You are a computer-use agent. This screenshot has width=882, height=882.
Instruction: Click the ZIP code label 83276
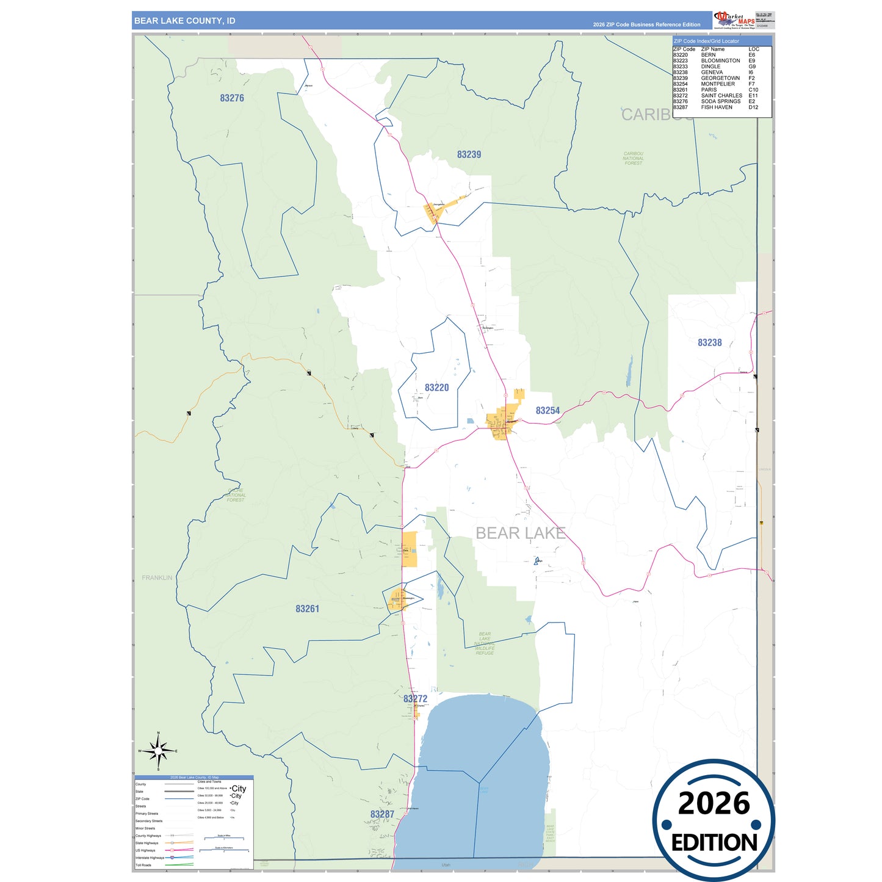232,98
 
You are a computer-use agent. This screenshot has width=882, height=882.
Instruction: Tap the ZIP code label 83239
469,154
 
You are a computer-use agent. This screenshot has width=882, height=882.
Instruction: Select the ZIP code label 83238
709,342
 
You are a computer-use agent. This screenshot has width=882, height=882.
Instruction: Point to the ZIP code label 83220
436,388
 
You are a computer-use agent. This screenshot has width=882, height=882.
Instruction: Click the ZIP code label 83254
548,411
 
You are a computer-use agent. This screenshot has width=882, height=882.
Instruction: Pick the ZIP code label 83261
307,609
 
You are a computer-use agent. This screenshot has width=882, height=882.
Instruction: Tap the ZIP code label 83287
382,814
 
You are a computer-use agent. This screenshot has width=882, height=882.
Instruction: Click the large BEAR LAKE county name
520,533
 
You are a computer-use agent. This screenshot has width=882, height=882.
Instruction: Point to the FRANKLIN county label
157,577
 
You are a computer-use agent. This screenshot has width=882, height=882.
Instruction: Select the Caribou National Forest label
633,158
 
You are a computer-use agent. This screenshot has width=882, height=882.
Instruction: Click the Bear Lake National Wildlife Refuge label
485,643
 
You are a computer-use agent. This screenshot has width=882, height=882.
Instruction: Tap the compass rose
158,751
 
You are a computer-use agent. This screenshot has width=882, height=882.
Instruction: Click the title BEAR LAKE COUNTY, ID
184,21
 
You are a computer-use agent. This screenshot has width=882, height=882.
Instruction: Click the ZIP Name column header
712,49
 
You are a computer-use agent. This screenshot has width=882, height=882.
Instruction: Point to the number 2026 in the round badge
714,803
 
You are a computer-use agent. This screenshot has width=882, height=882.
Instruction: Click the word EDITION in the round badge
714,843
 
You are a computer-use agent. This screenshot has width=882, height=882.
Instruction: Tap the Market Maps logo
734,20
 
